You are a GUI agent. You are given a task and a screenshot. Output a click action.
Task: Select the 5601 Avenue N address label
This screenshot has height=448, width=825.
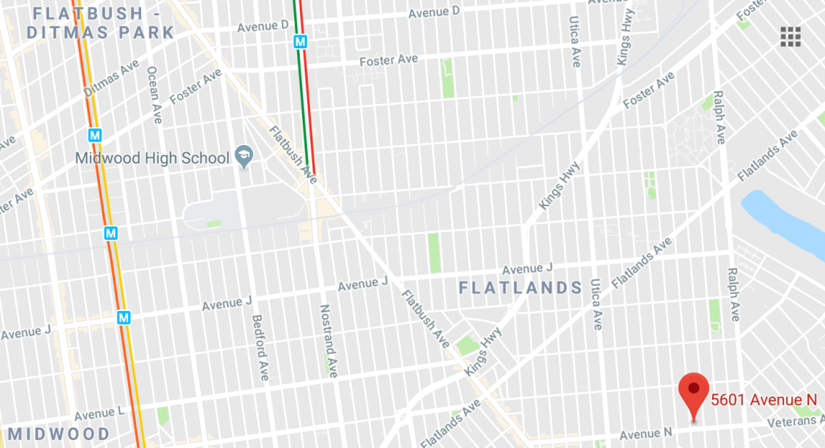(764, 399)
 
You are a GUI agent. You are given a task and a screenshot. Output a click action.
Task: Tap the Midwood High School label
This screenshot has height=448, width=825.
(152, 158)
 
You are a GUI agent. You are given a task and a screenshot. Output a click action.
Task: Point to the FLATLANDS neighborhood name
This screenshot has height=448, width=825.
(520, 288)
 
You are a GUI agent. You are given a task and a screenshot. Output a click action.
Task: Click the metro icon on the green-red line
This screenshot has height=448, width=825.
(301, 41)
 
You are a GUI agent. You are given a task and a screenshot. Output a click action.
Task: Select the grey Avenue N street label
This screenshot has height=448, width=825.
(645, 433)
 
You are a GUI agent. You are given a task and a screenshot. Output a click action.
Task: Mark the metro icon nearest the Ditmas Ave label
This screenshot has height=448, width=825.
(95, 134)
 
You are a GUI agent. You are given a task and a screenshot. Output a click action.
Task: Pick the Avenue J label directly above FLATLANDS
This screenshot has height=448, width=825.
(527, 268)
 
